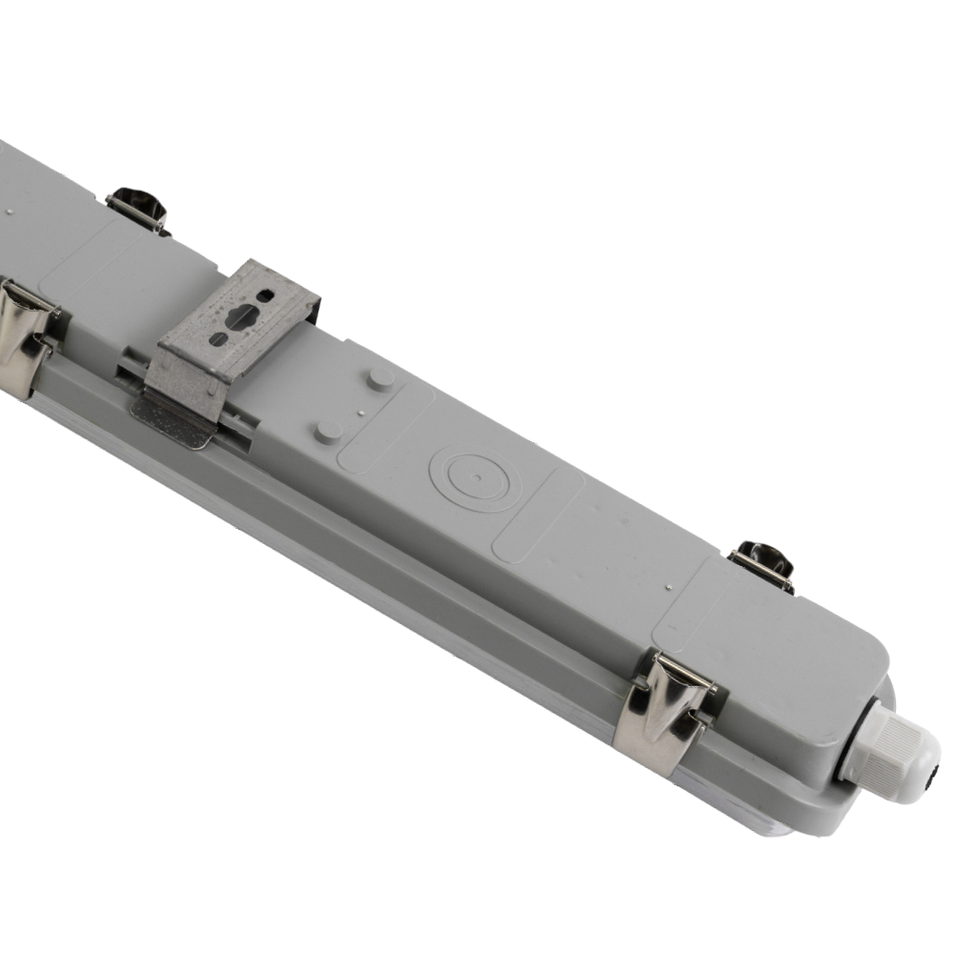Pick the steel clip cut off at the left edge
point(24,334)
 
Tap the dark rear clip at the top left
point(136,207)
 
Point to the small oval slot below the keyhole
point(218,339)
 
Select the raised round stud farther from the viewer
point(380,379)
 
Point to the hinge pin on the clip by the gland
point(682,671)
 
